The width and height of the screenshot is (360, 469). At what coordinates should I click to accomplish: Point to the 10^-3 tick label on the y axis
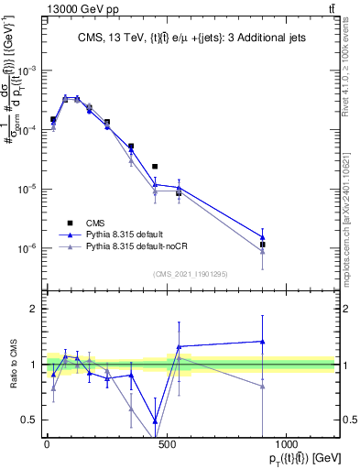pos(27,71)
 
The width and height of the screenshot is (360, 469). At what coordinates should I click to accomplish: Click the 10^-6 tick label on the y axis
pos(27,248)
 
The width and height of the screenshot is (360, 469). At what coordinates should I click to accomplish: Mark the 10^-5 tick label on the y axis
pos(27,189)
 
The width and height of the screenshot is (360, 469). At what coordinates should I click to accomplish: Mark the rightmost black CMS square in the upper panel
pos(263,245)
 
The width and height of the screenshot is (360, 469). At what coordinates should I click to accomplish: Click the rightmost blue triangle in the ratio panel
pos(263,342)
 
